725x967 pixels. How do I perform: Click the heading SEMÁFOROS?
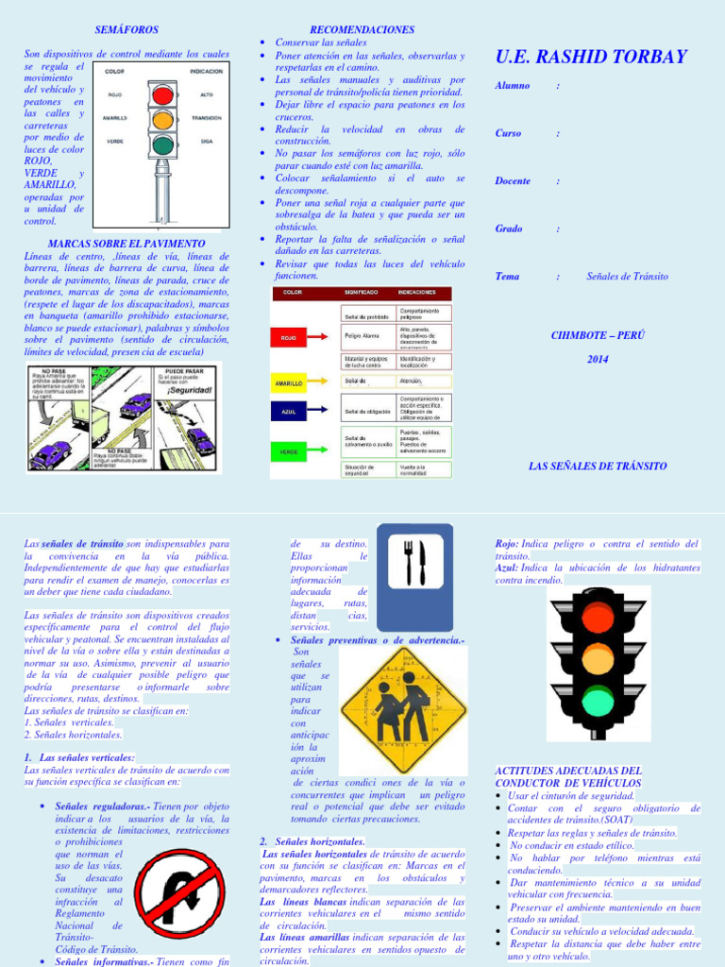click(126, 31)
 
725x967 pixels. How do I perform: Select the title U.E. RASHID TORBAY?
click(591, 57)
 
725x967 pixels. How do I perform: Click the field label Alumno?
click(513, 86)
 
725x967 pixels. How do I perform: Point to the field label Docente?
click(513, 180)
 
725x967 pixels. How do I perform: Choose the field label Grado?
click(509, 229)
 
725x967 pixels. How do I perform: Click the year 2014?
click(598, 359)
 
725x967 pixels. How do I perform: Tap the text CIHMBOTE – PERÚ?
click(598, 335)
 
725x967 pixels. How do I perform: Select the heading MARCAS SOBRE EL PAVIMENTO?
click(126, 244)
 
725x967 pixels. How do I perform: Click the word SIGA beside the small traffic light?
click(206, 141)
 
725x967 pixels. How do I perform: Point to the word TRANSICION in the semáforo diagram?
click(206, 118)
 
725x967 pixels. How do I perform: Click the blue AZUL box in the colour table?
click(289, 412)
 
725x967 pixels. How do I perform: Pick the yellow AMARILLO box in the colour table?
click(289, 384)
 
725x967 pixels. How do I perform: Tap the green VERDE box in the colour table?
click(289, 452)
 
